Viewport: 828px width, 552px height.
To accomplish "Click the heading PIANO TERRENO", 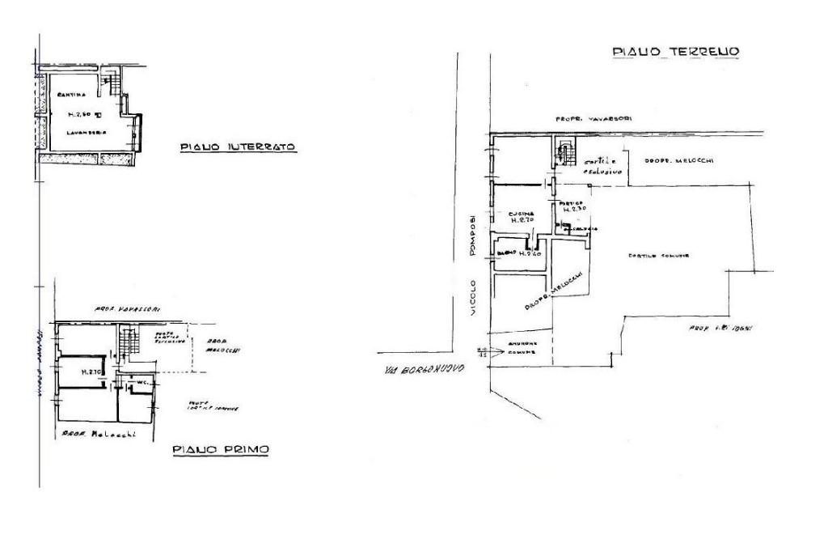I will pos(676,53).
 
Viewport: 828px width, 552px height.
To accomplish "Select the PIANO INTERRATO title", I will pos(236,147).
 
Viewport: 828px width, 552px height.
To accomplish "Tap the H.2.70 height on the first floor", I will pos(90,372).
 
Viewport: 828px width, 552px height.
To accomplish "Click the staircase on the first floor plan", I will pos(125,343).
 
